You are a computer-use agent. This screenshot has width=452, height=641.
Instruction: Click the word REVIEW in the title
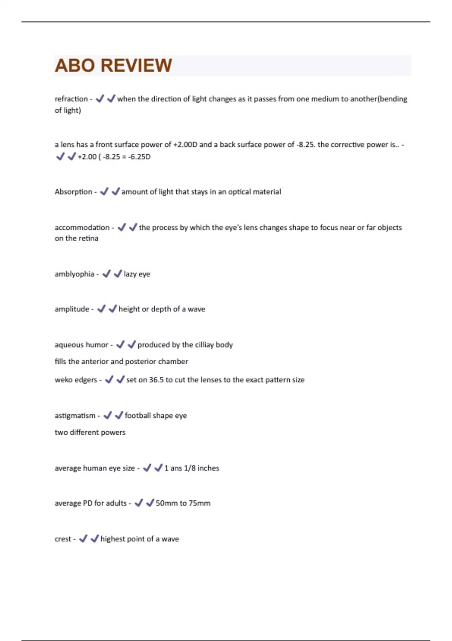click(136, 66)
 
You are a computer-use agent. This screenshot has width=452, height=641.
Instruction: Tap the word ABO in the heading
click(75, 66)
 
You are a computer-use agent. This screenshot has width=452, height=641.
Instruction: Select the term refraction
click(71, 99)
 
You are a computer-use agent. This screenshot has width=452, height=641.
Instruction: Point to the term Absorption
click(73, 192)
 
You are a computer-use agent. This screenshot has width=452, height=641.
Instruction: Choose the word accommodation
click(82, 227)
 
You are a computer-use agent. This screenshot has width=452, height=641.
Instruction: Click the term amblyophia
click(75, 274)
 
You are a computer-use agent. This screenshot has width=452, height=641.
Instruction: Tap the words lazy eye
click(137, 274)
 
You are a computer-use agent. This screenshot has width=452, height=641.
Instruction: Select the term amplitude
click(72, 309)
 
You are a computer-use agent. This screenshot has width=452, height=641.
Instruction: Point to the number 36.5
click(156, 380)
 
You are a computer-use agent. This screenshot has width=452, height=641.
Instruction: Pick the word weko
click(63, 380)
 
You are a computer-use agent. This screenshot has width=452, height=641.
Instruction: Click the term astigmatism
click(75, 416)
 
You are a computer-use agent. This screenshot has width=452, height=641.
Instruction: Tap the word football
click(137, 416)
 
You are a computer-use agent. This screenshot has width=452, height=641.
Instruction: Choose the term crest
click(63, 539)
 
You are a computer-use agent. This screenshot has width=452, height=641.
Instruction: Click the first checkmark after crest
click(83, 538)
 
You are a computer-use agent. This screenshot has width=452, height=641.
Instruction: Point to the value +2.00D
click(185, 144)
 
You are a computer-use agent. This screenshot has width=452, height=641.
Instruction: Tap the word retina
click(89, 238)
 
